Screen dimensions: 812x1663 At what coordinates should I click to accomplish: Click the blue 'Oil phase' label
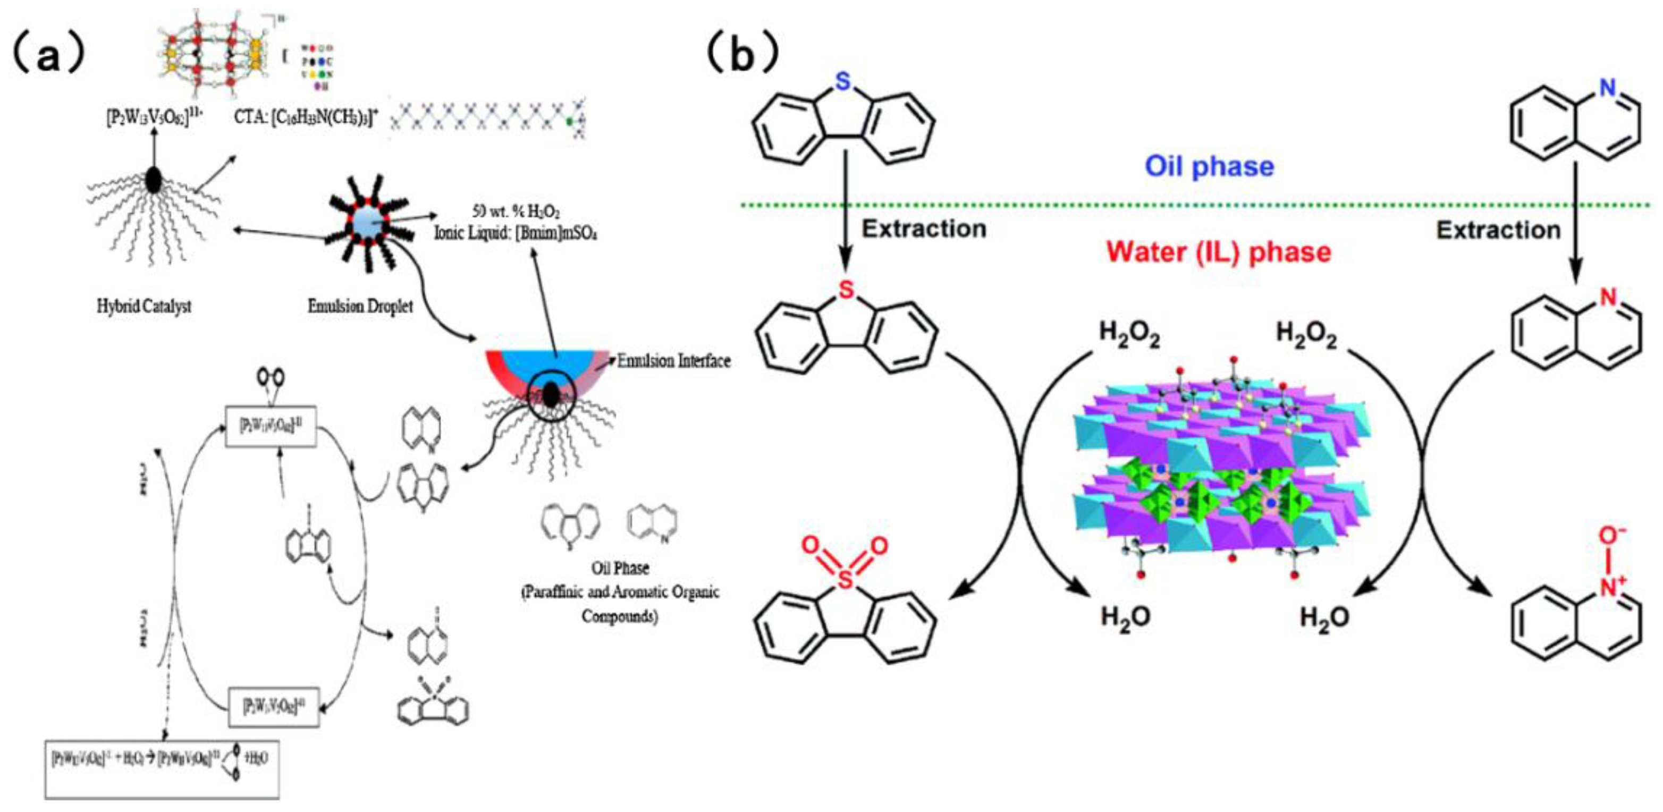(x=1209, y=166)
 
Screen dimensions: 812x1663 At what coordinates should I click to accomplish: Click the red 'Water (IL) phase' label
(x=1219, y=252)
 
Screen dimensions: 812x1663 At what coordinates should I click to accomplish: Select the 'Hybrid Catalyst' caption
(x=144, y=306)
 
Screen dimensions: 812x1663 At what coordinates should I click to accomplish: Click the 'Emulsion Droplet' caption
(x=360, y=306)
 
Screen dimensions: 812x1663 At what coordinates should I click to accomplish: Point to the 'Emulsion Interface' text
(x=673, y=361)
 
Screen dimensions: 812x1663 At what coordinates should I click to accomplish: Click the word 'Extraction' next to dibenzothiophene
(x=924, y=229)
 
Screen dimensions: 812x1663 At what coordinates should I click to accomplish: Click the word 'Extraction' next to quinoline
(x=1498, y=231)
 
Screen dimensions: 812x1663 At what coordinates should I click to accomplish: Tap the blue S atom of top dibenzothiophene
(x=842, y=82)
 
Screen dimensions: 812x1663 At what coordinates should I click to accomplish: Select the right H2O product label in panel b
(x=1324, y=618)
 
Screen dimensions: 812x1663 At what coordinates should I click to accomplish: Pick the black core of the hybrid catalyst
(x=154, y=180)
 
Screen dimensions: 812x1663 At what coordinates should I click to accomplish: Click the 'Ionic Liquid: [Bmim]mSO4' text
(x=515, y=233)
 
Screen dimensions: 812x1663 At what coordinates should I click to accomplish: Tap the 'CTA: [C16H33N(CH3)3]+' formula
(x=306, y=120)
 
